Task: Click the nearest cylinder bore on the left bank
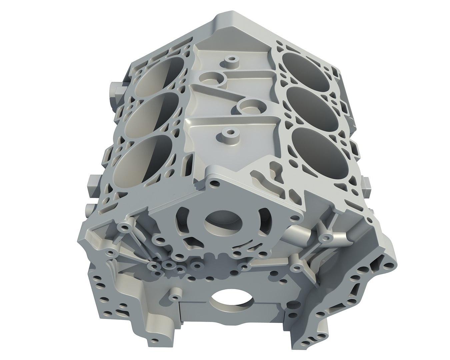point(145,160)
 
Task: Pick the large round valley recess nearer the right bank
point(249,106)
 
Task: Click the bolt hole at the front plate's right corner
point(294,219)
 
